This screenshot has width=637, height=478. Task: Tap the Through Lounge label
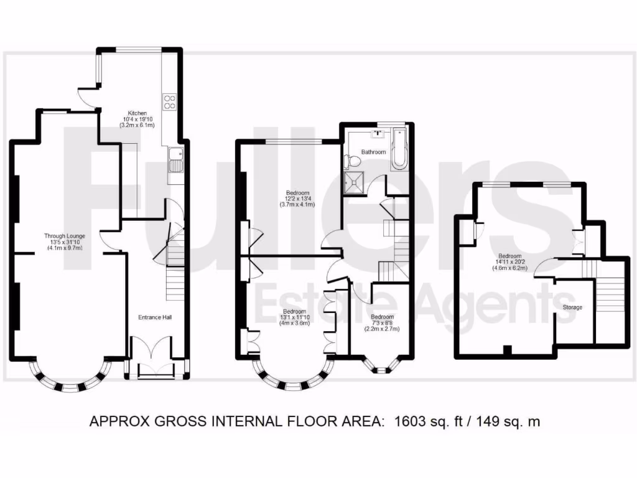pos(64,236)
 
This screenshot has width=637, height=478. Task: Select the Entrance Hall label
pos(155,317)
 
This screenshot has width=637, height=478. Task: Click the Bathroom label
pos(373,152)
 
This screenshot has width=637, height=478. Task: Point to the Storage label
pos(572,307)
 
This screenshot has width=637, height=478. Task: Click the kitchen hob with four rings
pos(170,101)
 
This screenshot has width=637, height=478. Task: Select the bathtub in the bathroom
pos(399,150)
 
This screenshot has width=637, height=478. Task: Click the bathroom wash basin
pos(378,133)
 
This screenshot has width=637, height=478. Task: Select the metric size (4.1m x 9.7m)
pos(64,248)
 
